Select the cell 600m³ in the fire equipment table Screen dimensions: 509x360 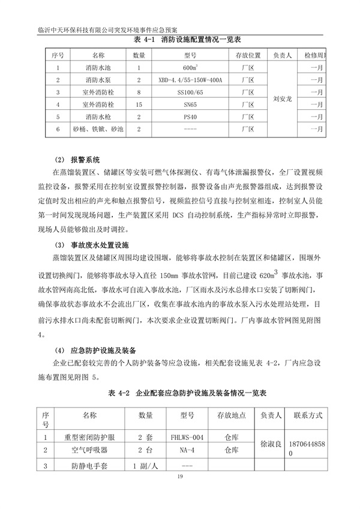(191, 68)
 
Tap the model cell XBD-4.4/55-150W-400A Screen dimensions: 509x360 (191, 80)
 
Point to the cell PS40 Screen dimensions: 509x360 (191, 116)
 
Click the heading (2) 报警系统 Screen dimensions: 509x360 (78, 160)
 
